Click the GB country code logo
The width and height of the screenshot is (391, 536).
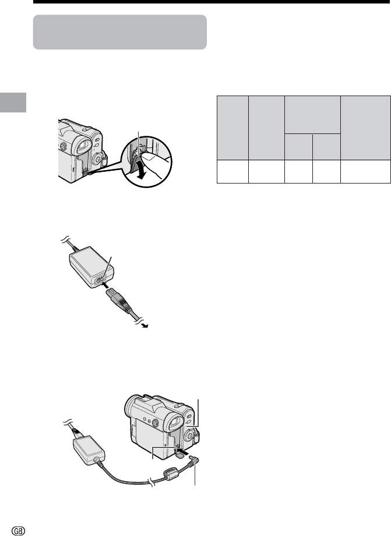19,531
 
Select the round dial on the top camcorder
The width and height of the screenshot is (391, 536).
98,158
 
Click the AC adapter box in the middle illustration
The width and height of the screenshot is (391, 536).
91,267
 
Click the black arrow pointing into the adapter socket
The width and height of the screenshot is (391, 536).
107,285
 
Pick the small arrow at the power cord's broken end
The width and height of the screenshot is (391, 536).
145,326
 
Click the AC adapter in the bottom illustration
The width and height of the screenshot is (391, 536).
88,450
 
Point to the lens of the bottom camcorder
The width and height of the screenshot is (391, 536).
131,406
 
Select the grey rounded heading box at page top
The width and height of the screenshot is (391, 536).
120,32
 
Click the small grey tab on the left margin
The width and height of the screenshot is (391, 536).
13,102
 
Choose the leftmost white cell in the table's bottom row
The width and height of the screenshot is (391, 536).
233,171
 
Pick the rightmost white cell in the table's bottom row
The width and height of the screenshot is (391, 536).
365,171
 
